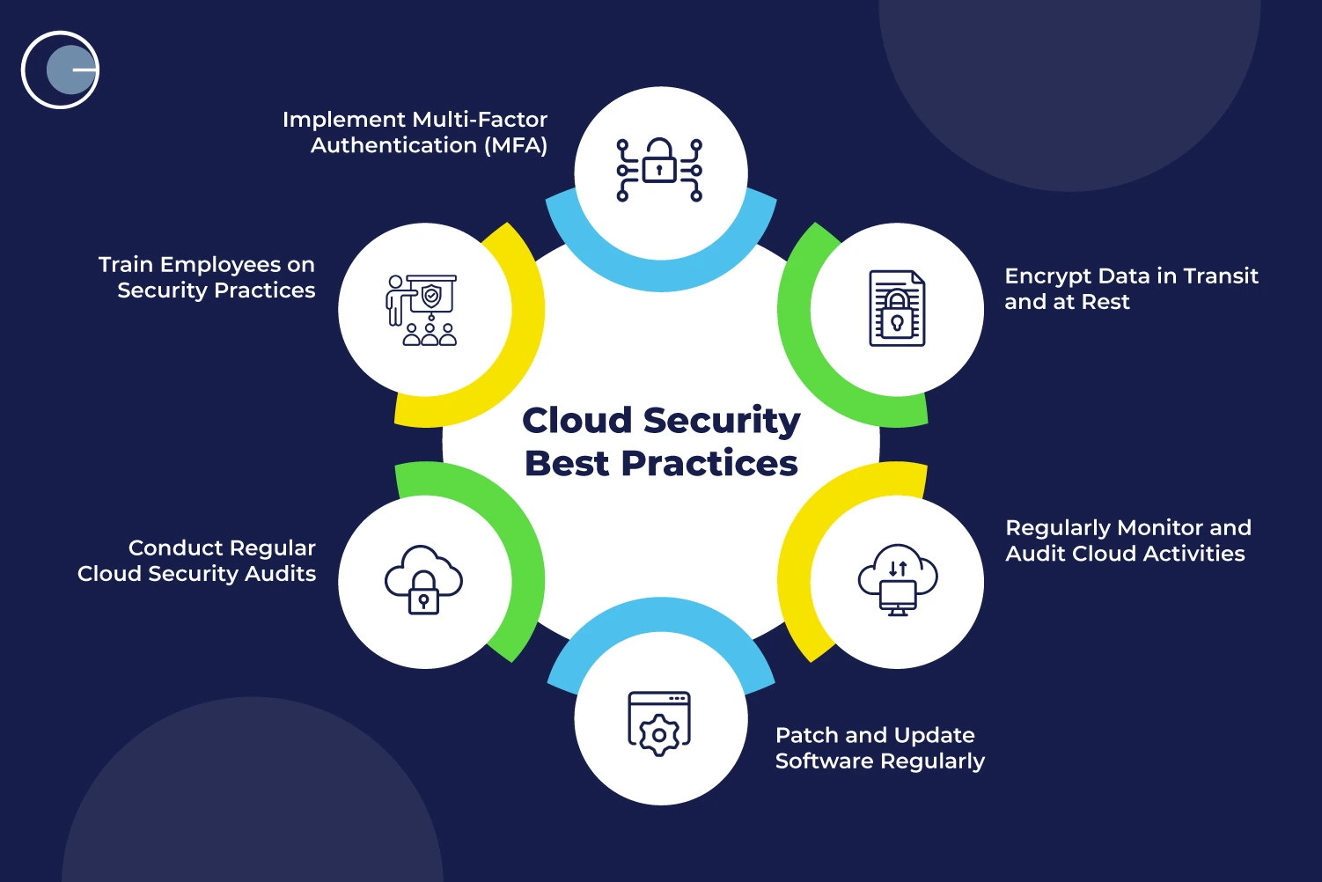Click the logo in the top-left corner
click(x=60, y=70)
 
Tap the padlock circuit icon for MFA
click(x=659, y=170)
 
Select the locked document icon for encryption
click(x=897, y=308)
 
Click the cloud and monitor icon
click(x=897, y=579)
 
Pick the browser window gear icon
click(x=659, y=724)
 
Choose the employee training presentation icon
click(x=422, y=310)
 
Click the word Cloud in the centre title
click(x=577, y=420)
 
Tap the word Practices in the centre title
click(x=709, y=463)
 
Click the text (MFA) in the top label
click(x=516, y=145)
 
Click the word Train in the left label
click(x=126, y=265)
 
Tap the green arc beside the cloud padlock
click(x=525, y=563)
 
